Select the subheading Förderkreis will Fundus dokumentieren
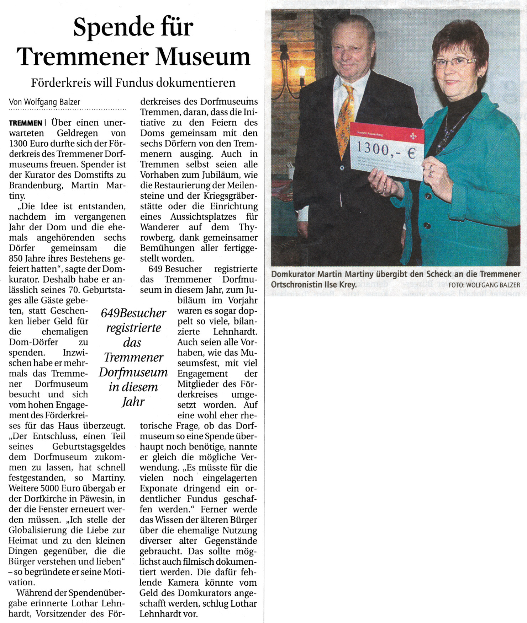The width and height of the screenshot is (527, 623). click(x=133, y=83)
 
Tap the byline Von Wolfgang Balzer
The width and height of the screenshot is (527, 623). click(x=44, y=102)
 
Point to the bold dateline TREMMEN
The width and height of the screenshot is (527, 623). click(x=26, y=123)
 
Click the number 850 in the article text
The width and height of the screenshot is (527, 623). click(x=16, y=258)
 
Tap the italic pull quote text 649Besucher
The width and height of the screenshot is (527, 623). click(x=133, y=313)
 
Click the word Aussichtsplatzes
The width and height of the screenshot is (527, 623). click(x=203, y=216)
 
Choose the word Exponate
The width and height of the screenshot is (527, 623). click(x=158, y=488)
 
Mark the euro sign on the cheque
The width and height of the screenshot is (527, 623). click(x=411, y=153)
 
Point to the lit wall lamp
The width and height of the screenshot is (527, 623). click(x=302, y=73)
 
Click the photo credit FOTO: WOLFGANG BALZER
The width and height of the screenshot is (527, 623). click(x=484, y=285)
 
